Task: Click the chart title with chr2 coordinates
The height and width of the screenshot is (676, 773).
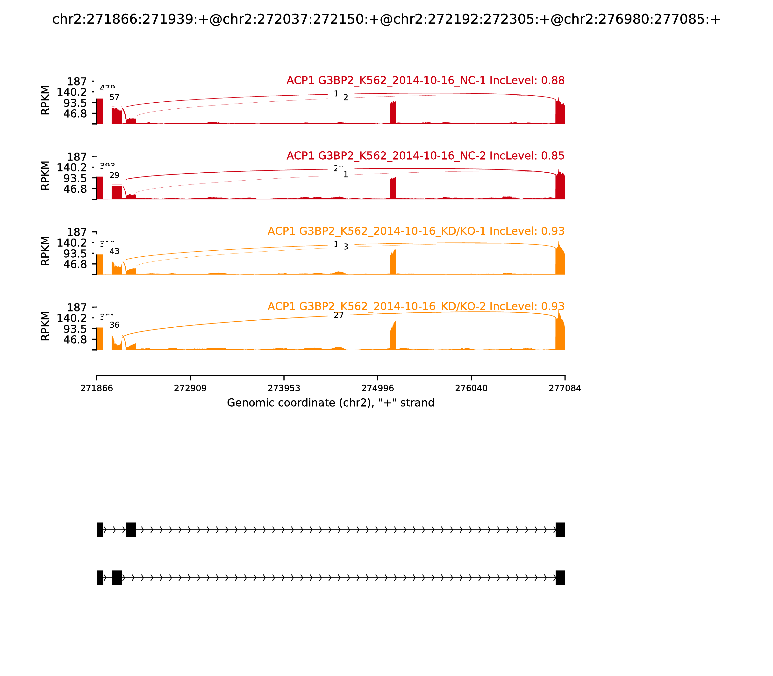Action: click(x=386, y=19)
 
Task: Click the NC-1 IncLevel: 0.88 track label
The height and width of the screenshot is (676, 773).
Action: click(x=425, y=81)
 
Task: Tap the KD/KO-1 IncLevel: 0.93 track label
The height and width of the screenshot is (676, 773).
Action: click(x=416, y=231)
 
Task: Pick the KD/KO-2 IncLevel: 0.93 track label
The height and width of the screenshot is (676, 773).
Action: click(x=416, y=306)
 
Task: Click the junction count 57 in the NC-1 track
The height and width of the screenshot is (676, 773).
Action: click(x=114, y=97)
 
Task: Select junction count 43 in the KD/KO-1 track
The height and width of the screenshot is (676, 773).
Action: click(x=114, y=251)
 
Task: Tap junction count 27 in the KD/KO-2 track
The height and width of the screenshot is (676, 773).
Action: click(x=339, y=315)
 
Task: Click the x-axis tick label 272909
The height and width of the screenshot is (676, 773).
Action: click(x=190, y=388)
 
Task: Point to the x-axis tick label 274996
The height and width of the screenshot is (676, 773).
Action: click(x=377, y=388)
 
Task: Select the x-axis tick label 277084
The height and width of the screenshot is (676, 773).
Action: click(x=565, y=388)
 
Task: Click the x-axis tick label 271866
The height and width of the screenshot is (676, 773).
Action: click(x=97, y=388)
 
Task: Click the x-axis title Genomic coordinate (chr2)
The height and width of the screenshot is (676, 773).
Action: click(x=331, y=403)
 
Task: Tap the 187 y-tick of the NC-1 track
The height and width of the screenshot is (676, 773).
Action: click(x=77, y=82)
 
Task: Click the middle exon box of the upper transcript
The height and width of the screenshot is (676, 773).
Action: click(x=131, y=530)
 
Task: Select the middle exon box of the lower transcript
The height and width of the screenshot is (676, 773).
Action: click(x=117, y=577)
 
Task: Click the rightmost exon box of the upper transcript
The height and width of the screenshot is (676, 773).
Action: click(x=560, y=530)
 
